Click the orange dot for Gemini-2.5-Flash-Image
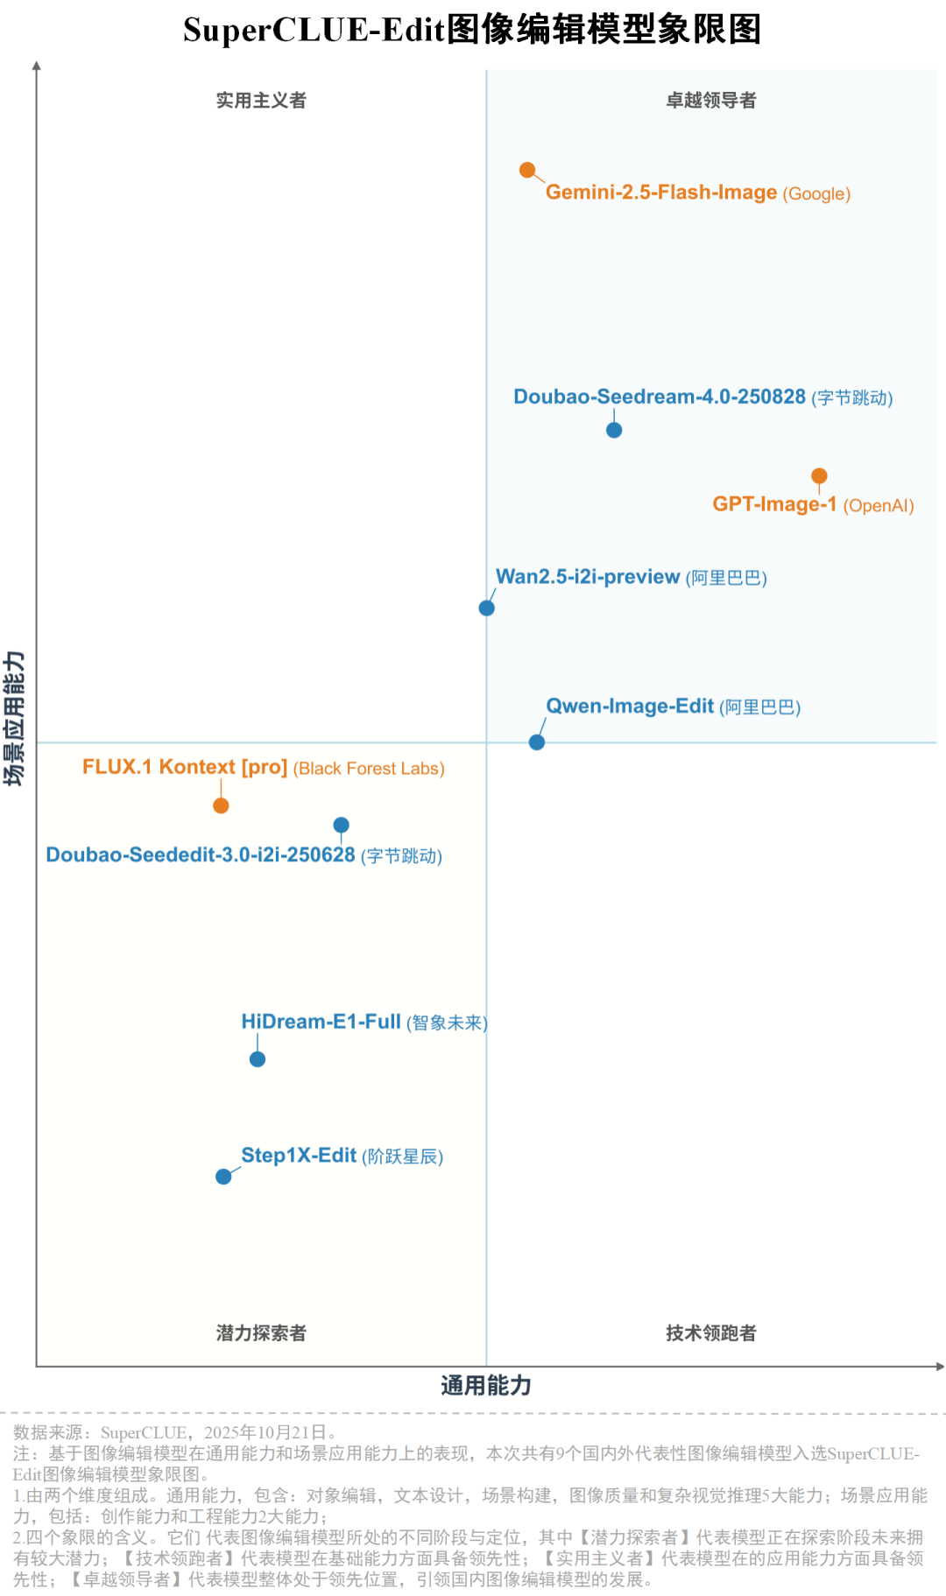(527, 170)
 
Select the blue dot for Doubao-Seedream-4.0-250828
(614, 430)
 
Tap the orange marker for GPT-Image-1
(819, 475)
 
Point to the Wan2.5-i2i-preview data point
(487, 608)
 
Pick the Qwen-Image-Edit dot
(537, 742)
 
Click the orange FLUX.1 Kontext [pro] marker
(221, 805)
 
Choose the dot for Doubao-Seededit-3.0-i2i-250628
(342, 825)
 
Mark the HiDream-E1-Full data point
(258, 1059)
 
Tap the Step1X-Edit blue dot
(223, 1177)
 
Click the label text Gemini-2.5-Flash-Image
(660, 193)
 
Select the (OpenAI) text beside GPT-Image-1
(878, 506)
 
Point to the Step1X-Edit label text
(299, 1156)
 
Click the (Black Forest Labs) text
(369, 769)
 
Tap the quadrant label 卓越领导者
(711, 101)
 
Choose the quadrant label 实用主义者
(261, 101)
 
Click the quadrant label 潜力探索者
(261, 1333)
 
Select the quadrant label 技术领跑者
(711, 1333)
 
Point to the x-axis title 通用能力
(486, 1386)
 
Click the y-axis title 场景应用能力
(15, 718)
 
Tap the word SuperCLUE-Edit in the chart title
(314, 30)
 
